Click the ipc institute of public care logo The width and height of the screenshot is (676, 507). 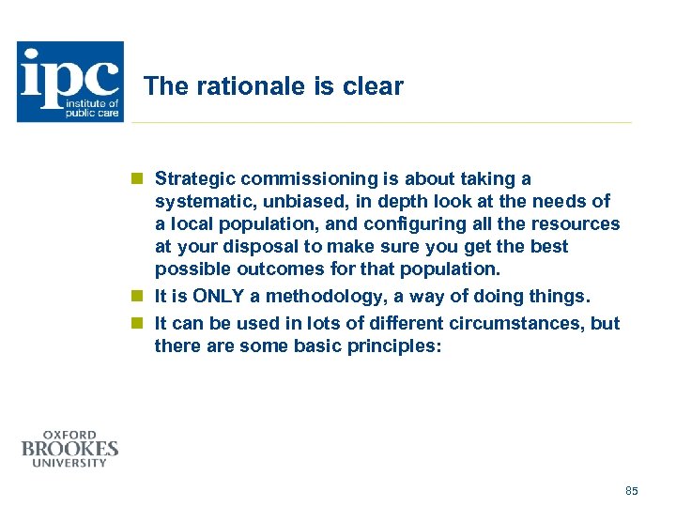point(69,82)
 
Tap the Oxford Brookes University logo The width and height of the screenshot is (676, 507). point(70,449)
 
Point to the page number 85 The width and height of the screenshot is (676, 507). point(631,491)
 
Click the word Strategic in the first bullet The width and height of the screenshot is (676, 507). point(193,178)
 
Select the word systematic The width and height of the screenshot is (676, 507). point(199,201)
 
